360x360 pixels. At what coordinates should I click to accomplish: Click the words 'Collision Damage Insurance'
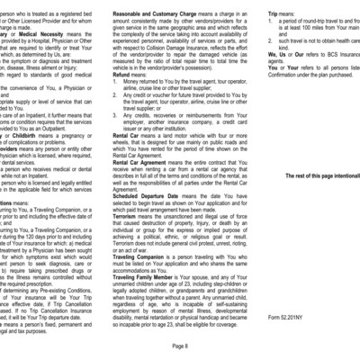tap(179, 57)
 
